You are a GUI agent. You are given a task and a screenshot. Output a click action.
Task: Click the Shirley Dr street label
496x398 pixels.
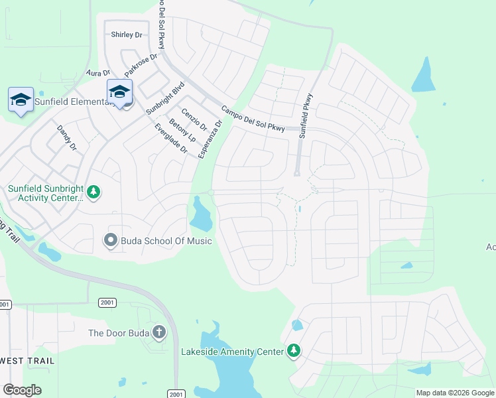click(127, 34)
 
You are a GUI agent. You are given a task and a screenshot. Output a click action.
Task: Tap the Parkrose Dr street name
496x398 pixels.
click(141, 64)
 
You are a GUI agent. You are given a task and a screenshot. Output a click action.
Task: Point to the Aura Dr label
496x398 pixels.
click(97, 74)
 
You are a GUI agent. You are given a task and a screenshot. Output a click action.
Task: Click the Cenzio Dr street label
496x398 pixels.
click(194, 119)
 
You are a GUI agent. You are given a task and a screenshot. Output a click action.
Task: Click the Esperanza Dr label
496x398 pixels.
click(210, 141)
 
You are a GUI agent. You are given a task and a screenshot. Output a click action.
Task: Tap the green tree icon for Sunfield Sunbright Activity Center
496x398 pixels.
click(94, 192)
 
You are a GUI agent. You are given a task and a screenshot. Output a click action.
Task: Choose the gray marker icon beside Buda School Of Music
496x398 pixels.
click(111, 240)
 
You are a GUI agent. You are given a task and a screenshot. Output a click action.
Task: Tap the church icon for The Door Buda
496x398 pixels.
click(158, 332)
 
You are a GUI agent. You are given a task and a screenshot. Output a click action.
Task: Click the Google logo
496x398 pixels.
click(22, 390)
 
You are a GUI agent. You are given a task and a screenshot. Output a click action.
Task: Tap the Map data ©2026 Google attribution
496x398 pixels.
click(455, 393)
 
